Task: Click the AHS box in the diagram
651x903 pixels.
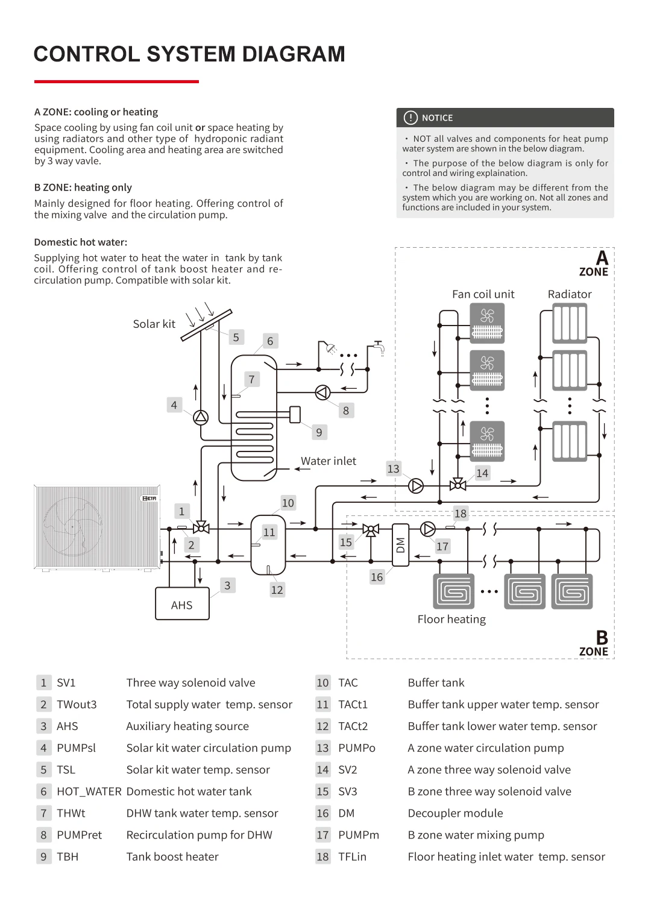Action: pyautogui.click(x=182, y=604)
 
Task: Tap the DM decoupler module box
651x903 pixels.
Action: pyautogui.click(x=400, y=545)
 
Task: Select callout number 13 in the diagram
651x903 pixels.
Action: pyautogui.click(x=393, y=468)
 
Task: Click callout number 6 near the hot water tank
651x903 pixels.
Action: pyautogui.click(x=270, y=341)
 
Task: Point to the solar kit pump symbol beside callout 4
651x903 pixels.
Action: pyautogui.click(x=201, y=417)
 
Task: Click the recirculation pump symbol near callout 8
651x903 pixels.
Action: pyautogui.click(x=323, y=392)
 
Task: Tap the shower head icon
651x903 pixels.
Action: pyautogui.click(x=330, y=347)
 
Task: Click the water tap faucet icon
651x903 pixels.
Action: pyautogui.click(x=379, y=346)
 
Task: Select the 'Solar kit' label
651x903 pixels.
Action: pyautogui.click(x=154, y=324)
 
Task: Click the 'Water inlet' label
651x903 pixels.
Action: pyautogui.click(x=329, y=461)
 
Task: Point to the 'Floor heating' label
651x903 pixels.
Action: pyautogui.click(x=451, y=619)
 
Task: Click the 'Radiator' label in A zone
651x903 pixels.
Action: pyautogui.click(x=570, y=294)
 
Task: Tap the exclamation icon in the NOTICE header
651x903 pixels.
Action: pyautogui.click(x=410, y=118)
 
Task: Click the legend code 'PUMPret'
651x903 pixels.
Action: pyautogui.click(x=80, y=835)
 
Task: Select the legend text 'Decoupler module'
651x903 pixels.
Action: pyautogui.click(x=455, y=813)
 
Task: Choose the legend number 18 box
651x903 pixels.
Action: pyautogui.click(x=323, y=857)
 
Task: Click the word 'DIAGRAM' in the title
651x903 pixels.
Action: pyautogui.click(x=294, y=54)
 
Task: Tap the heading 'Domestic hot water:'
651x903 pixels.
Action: pyautogui.click(x=81, y=242)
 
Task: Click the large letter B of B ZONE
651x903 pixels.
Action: pyautogui.click(x=602, y=638)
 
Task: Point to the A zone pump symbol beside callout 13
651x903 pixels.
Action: pyautogui.click(x=416, y=485)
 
